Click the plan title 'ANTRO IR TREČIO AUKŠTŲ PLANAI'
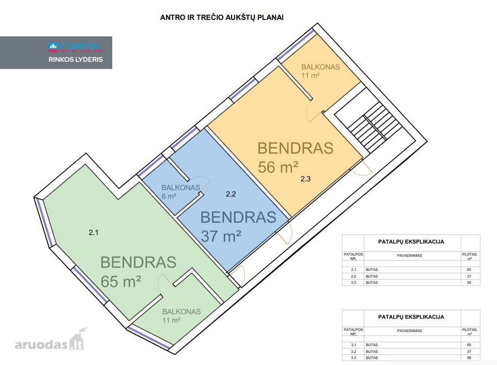click(222, 17)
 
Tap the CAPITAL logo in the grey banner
click(75, 47)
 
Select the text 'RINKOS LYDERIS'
click(76, 60)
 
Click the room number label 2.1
click(94, 233)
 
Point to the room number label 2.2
click(231, 194)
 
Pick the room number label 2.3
click(306, 179)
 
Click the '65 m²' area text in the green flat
click(121, 281)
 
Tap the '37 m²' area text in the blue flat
click(221, 236)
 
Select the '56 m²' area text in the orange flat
click(278, 167)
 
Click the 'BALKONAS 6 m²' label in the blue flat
click(181, 192)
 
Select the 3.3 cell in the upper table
click(353, 283)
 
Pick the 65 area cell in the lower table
click(469, 345)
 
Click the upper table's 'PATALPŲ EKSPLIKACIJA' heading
click(411, 242)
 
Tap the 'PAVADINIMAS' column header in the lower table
click(409, 331)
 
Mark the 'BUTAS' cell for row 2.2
click(372, 276)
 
